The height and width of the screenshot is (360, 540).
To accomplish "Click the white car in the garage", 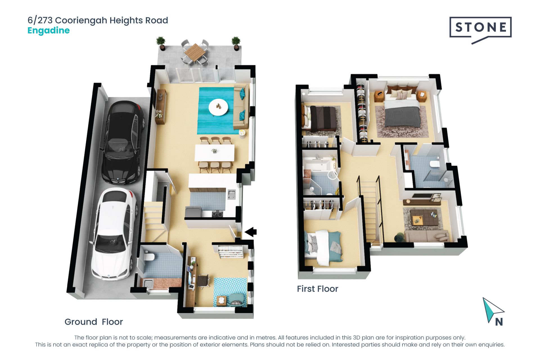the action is point(114,234).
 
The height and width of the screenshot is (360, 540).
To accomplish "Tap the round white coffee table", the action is point(218,107).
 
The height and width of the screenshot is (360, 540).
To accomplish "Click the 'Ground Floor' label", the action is point(94,322).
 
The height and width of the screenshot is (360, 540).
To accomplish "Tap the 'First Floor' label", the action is point(318,289).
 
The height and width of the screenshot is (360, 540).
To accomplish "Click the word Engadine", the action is point(48,31).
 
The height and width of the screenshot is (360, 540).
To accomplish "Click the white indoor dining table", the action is point(215,153).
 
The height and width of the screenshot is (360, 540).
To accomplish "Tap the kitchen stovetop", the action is point(217,214).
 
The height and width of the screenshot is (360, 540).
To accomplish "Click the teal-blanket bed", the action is point(323,247).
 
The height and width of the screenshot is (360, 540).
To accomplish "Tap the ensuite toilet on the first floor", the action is point(435,164).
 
